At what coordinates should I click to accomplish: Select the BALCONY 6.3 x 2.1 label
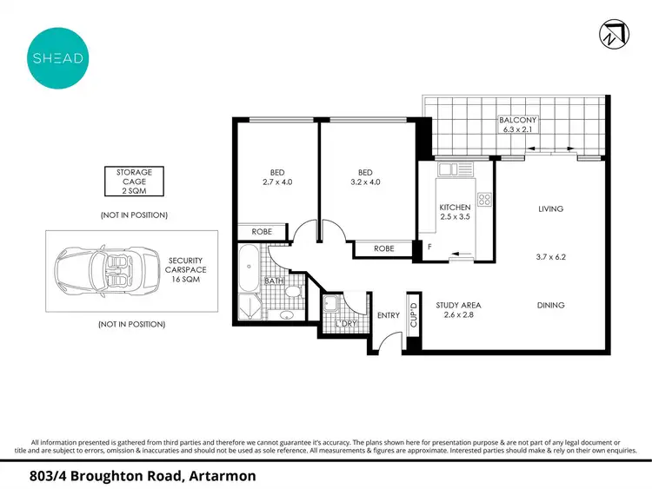(516, 124)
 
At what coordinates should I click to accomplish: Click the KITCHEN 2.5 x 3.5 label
(455, 213)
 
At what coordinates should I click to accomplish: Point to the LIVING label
(550, 208)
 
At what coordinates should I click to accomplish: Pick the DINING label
(550, 305)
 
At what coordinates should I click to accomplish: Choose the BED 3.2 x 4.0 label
(364, 177)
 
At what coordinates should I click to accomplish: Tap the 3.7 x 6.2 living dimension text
(550, 257)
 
